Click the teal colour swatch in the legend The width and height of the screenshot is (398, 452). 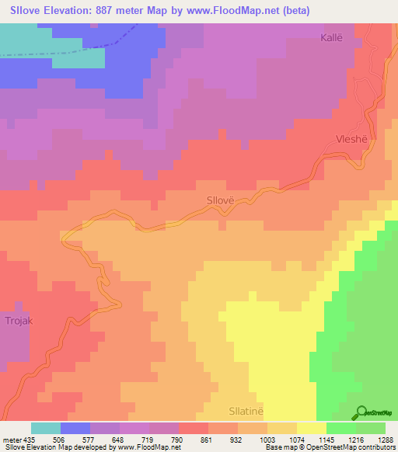pos(46,428)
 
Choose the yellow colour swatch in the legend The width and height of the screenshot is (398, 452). pos(312,428)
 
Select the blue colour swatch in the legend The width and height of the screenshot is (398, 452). pos(75,428)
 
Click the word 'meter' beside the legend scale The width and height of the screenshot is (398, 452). pos(12,439)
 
